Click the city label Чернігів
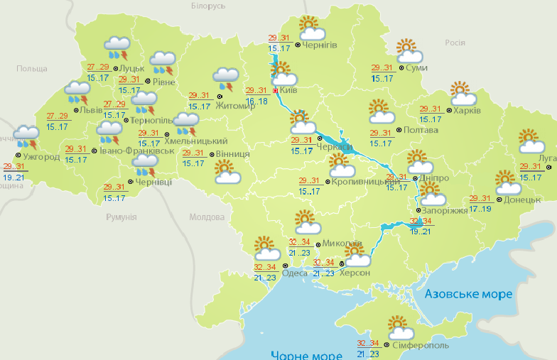[x=320, y=45]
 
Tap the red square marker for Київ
[x=276, y=90]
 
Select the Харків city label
[x=467, y=111]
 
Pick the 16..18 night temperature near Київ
[x=258, y=102]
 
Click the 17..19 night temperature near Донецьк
[x=480, y=209]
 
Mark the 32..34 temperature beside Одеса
[x=265, y=267]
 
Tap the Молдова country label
[x=207, y=217]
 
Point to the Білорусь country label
[x=209, y=6]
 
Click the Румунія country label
[x=120, y=217]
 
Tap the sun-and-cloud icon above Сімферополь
[x=401, y=329]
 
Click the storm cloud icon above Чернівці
[x=145, y=167]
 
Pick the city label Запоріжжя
[x=445, y=211]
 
